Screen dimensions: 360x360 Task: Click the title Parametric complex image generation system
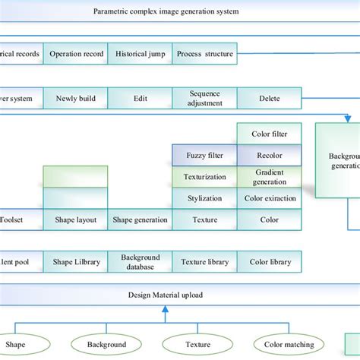tap(166, 11)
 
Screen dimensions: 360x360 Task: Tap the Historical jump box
tap(141, 54)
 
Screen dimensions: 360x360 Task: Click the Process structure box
tap(205, 54)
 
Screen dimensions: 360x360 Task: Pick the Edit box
tap(141, 98)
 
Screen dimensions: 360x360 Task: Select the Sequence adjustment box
tap(205, 98)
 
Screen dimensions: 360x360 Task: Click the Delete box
tap(269, 98)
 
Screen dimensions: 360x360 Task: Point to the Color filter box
tap(269, 134)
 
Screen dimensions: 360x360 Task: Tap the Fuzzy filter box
tap(205, 156)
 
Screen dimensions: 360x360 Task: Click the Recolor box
tap(269, 156)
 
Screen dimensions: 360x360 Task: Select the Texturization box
tap(205, 177)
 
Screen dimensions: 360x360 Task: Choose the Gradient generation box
tap(269, 177)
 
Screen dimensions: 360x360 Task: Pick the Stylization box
tap(205, 198)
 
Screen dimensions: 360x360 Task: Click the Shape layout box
tap(75, 219)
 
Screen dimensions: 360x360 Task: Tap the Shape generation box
tap(141, 219)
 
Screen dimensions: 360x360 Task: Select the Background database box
tap(141, 262)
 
